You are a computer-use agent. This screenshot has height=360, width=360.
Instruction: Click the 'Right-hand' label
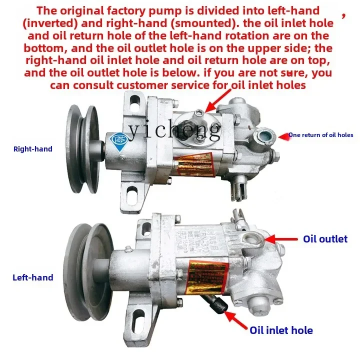(x=32, y=148)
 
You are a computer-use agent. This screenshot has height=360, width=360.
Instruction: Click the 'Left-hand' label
(x=33, y=277)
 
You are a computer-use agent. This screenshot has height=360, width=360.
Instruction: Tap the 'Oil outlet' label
(x=325, y=239)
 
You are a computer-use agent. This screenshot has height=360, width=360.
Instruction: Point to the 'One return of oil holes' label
(x=321, y=135)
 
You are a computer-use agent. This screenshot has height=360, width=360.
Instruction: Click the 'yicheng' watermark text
(x=174, y=130)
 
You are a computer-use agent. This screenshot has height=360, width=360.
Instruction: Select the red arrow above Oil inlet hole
(x=236, y=318)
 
